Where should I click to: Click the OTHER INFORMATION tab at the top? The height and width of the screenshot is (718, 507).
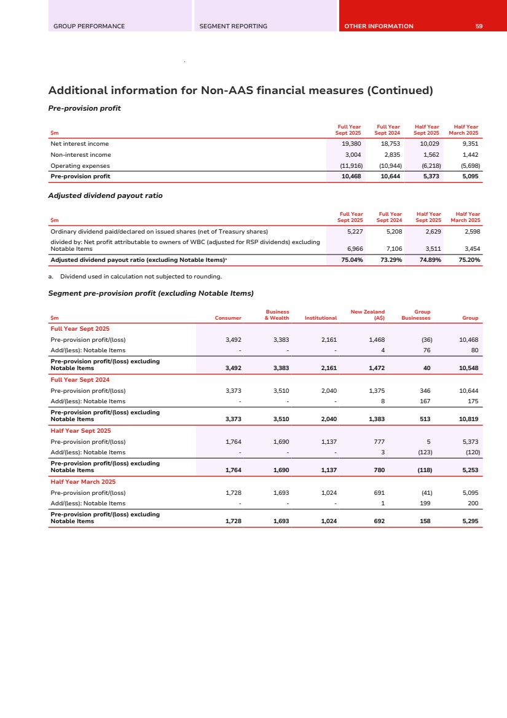379,26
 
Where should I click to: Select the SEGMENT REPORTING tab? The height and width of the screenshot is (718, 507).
233,26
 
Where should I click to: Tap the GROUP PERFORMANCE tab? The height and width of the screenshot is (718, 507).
89,26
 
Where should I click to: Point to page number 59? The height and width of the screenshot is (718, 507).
479,26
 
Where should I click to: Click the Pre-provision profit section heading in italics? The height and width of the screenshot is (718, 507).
84,108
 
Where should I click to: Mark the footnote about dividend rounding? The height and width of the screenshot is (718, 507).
135,277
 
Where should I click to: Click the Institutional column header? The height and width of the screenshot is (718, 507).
320,318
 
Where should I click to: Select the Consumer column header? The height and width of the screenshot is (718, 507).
228,318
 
